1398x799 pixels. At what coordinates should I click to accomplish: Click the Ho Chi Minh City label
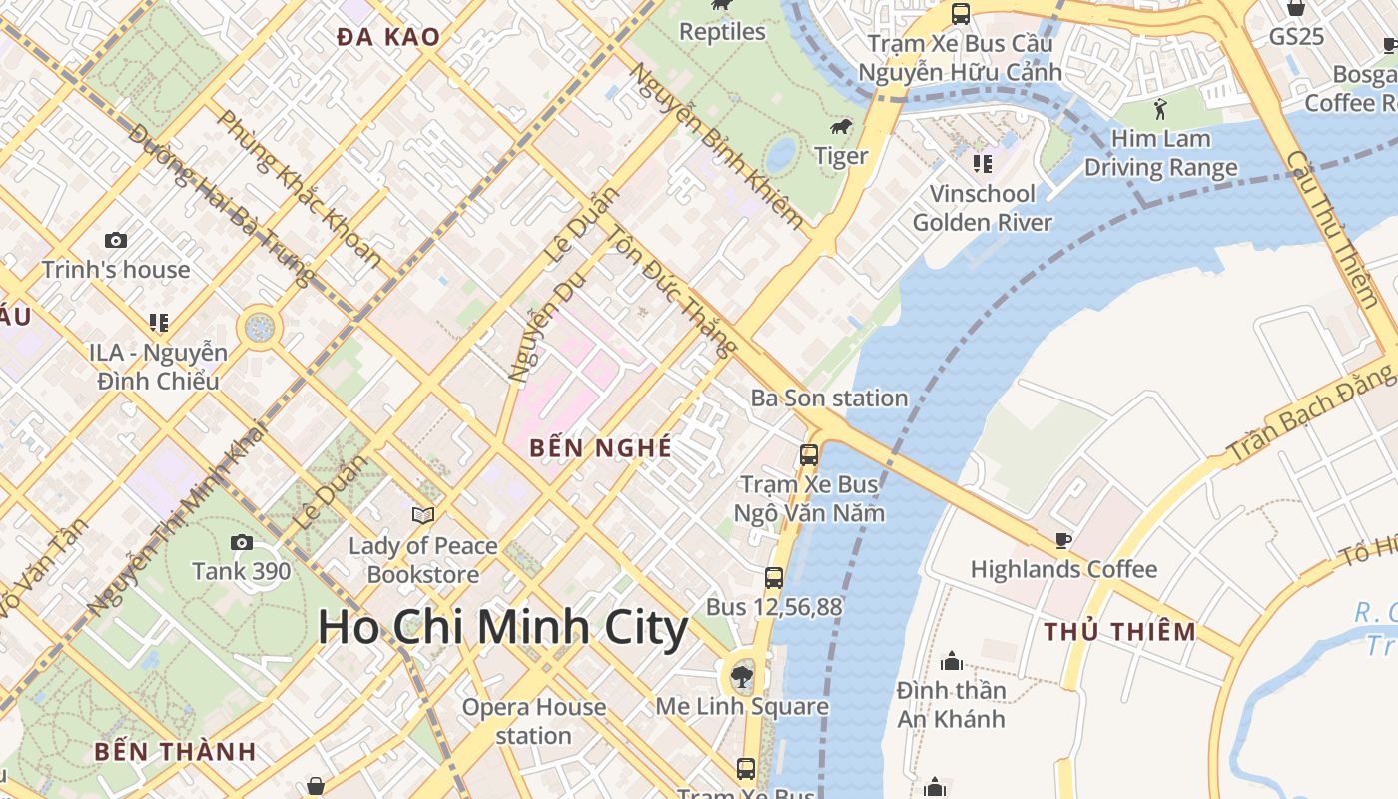[502, 628]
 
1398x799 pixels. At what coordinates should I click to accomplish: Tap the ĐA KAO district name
[388, 37]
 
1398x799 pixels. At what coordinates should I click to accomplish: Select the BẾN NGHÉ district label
[601, 448]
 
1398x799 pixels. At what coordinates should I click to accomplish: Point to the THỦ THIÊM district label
[1120, 631]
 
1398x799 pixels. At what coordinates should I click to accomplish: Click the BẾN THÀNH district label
[176, 751]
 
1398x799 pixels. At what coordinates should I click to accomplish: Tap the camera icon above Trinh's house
[116, 240]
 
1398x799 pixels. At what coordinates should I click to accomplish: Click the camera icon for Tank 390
[241, 542]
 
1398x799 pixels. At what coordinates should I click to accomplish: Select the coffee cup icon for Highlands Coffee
[1063, 540]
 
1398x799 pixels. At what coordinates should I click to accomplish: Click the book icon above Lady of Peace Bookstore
[423, 515]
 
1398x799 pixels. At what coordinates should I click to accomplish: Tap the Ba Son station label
[829, 398]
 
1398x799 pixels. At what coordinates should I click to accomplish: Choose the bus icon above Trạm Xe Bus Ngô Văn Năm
[809, 455]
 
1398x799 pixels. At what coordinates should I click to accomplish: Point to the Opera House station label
[533, 721]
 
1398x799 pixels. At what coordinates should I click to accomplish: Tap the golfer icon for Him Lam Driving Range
[1160, 108]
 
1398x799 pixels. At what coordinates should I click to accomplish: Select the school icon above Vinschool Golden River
[983, 163]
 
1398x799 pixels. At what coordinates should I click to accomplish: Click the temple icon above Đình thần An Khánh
[951, 661]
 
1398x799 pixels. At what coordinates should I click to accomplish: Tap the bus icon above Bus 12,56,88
[774, 577]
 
